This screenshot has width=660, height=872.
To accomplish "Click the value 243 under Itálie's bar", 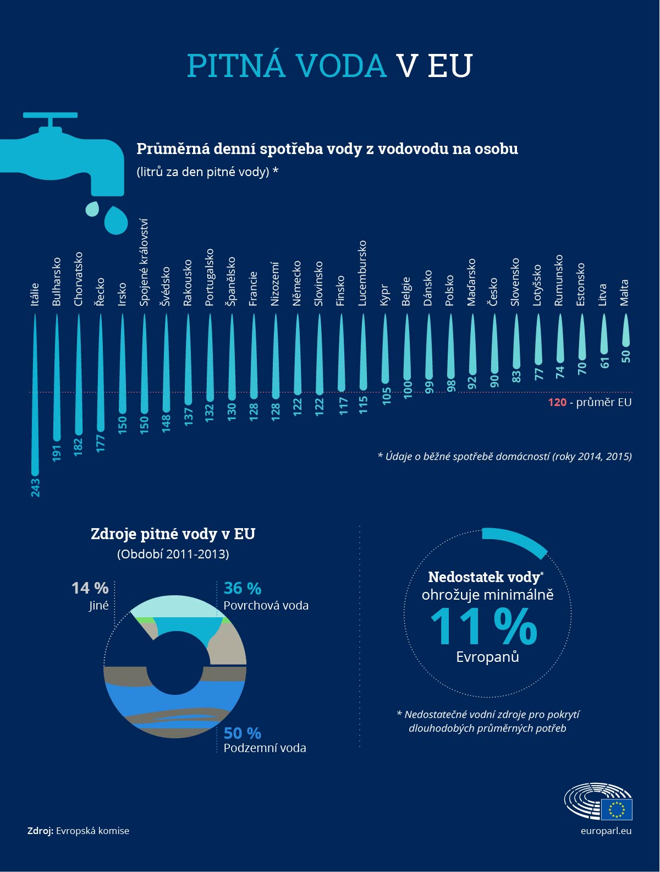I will coord(35,487).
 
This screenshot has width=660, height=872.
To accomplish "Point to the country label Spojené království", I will coord(144,262).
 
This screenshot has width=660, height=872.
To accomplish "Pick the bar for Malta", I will coord(625,330).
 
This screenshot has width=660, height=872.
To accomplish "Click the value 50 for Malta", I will coord(625,357).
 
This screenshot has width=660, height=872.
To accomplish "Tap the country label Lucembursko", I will coord(362,273).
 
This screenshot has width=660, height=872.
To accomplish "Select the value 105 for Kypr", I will coord(386,396).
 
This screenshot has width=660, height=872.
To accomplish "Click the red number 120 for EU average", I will coord(557,402).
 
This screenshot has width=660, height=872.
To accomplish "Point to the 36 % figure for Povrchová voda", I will coord(242,588).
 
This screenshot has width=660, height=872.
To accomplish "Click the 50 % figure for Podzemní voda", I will coord(242,733).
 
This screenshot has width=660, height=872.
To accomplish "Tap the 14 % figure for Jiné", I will coord(90,588).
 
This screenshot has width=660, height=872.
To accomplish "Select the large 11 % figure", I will coord(483,627).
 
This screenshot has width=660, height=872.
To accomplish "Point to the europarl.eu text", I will coord(606,831).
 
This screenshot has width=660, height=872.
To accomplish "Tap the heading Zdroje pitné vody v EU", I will coord(173,534).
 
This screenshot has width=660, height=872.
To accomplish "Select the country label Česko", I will coord(493,292).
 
